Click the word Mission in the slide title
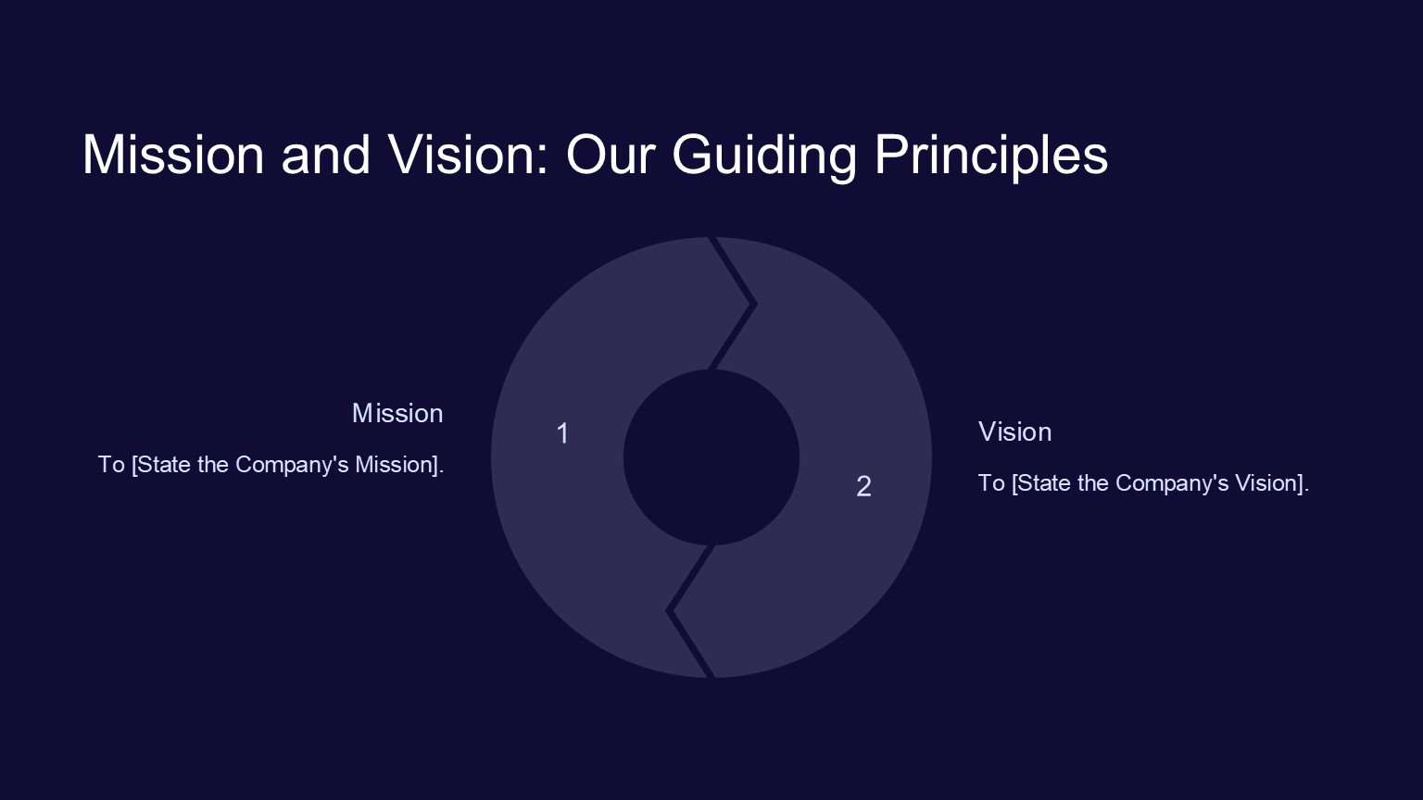coord(173,155)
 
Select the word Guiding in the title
coord(764,156)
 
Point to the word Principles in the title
coord(991,156)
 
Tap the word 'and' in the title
coord(326,155)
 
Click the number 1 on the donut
coord(562,433)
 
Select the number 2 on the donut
coord(863,487)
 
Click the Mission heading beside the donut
coord(397,413)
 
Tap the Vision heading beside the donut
coord(1014,431)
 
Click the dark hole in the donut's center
coord(711,457)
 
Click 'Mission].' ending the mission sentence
coord(399,465)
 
